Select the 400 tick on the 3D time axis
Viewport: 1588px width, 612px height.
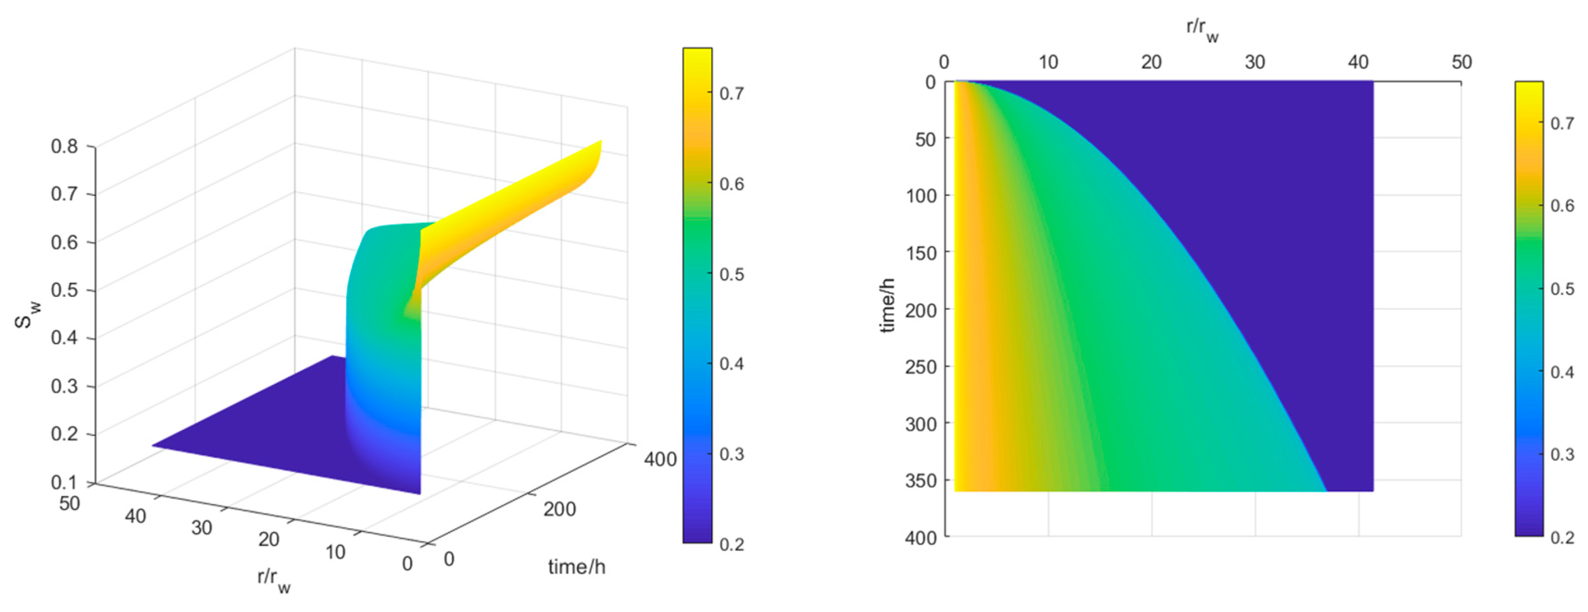tap(660, 459)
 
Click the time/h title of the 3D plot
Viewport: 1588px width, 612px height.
tap(576, 566)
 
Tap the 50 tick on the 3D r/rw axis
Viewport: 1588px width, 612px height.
tap(69, 504)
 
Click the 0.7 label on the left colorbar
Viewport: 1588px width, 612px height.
tap(732, 94)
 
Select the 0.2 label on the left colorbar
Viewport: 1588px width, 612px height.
tap(732, 544)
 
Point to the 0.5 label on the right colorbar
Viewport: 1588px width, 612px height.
tap(1562, 289)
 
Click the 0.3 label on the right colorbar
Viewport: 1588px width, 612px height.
tap(1562, 454)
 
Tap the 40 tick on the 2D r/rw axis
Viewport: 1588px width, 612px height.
tap(1358, 62)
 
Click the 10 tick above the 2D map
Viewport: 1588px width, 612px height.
tap(1048, 62)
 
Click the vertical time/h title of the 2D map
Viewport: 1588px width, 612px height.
tap(887, 305)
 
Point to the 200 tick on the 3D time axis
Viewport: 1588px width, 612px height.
tap(559, 509)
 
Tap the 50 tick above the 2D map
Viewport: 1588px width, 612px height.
tap(1462, 62)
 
